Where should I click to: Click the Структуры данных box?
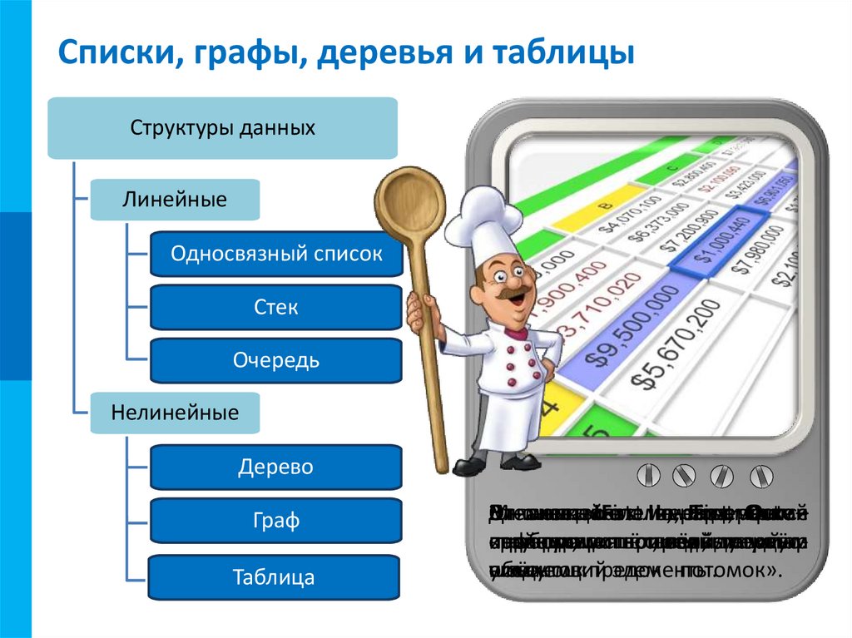tap(222, 128)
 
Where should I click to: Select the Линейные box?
tap(175, 200)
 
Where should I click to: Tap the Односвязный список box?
tap(276, 255)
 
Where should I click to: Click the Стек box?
tap(276, 308)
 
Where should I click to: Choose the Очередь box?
tap(276, 361)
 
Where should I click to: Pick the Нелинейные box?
tap(175, 413)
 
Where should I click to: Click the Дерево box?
tap(276, 467)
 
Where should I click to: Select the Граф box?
tap(276, 522)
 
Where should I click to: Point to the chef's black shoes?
tap(498, 463)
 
